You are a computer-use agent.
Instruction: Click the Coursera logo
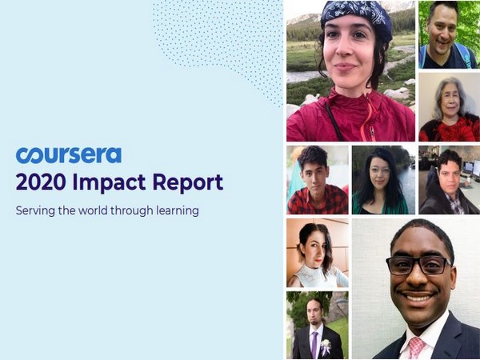(68, 154)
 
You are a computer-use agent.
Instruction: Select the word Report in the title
(188, 183)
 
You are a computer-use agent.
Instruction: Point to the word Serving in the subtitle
(36, 212)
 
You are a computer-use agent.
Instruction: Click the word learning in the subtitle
(175, 212)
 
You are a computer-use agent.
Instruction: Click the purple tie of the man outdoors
(314, 343)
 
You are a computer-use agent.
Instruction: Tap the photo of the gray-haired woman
(448, 107)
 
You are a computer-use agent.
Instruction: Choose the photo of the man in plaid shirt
(317, 180)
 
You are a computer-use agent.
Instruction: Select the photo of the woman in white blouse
(317, 253)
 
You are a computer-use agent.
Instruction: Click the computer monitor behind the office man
(471, 169)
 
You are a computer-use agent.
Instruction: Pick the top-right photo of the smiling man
(448, 34)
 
